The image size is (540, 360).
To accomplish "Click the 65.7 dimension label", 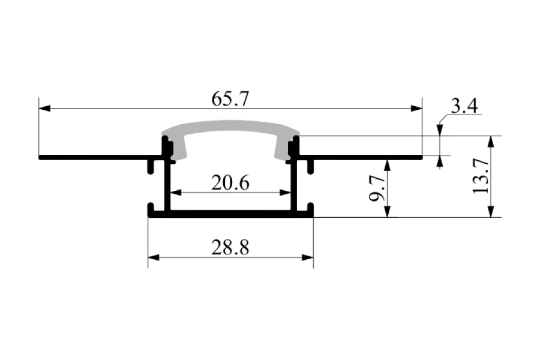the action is tap(230, 99).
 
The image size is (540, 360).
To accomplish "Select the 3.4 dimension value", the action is tap(464, 106).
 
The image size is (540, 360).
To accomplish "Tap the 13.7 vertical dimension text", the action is tap(481, 176).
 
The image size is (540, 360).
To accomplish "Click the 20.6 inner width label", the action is tap(230, 183).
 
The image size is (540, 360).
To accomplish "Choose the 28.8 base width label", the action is tap(230, 248).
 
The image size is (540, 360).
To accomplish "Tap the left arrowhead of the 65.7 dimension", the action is tap(44, 109).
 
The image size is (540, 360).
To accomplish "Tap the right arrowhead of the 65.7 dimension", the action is tap(416, 109).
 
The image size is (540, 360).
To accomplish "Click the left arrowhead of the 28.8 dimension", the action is tap(154, 257).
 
